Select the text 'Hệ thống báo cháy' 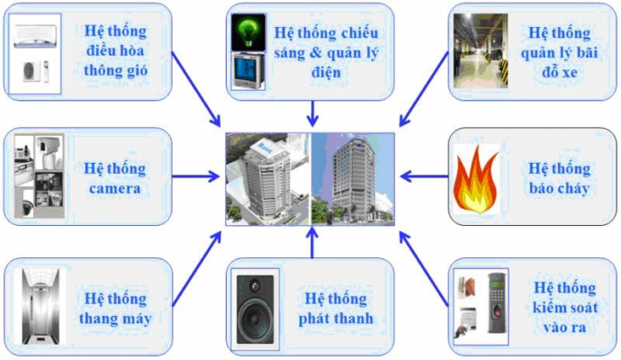(560, 177)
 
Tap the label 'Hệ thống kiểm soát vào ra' (565, 307)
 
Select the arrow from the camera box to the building (195, 177)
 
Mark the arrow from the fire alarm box (423, 177)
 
